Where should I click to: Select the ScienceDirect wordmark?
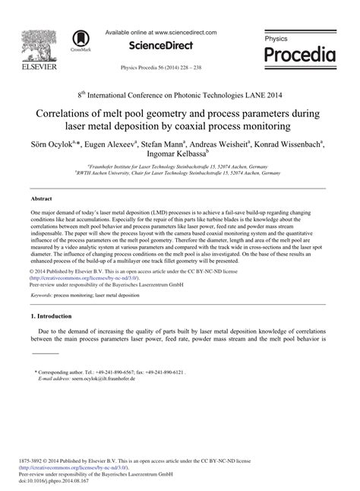[163, 46]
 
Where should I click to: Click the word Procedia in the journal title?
[299, 55]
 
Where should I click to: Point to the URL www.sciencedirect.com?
[186, 33]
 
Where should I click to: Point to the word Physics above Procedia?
[277, 37]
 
